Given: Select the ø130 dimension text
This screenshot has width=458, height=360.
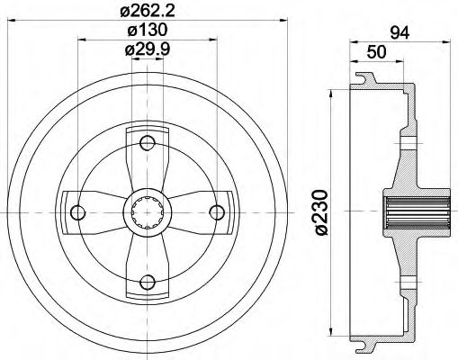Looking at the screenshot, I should (x=147, y=30).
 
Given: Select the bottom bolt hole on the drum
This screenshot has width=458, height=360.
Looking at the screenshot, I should (x=147, y=282).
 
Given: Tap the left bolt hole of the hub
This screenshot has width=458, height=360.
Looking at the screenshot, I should (x=76, y=211).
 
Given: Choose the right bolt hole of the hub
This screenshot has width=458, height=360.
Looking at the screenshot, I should (x=217, y=211).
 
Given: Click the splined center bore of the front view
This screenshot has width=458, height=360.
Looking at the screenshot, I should (x=147, y=211).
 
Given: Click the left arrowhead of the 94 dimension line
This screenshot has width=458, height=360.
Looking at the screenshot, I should (x=354, y=41).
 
